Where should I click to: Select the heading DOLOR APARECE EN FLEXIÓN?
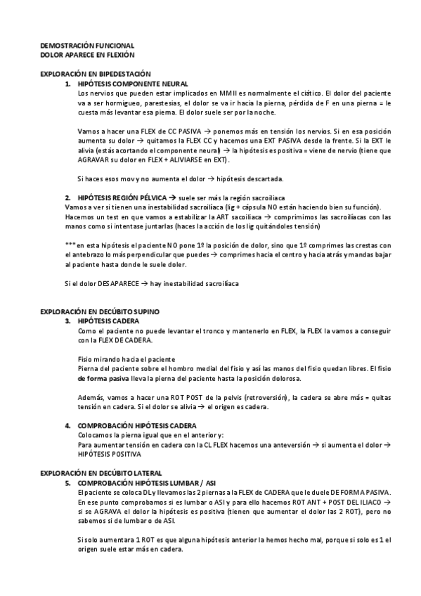pyautogui.click(x=87, y=53)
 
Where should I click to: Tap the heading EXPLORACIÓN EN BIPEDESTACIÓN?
pyautogui.click(x=96, y=74)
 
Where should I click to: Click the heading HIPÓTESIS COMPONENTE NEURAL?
pyautogui.click(x=134, y=84)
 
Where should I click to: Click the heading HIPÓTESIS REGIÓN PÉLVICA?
pyautogui.click(x=122, y=197)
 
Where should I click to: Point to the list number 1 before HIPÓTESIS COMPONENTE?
pyautogui.click(x=67, y=84)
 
